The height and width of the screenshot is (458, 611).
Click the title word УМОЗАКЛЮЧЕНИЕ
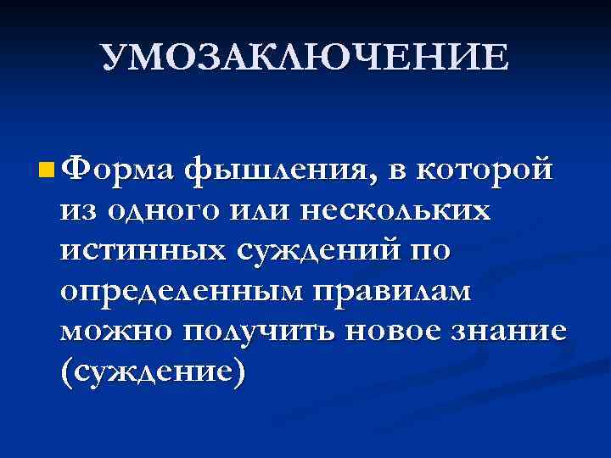pos(305,57)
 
